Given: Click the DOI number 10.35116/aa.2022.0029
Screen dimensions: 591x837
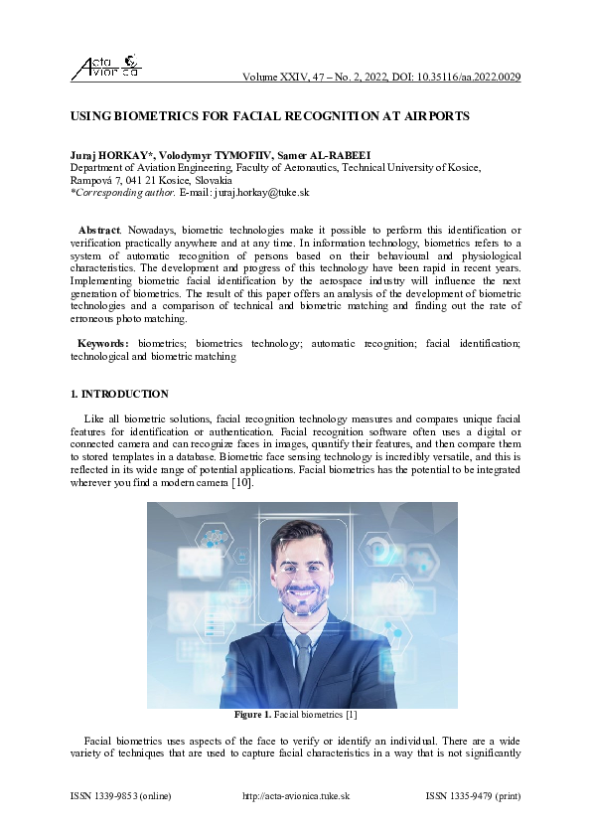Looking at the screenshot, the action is pos(466,78).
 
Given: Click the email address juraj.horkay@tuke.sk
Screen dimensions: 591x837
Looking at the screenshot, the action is pos(267,196).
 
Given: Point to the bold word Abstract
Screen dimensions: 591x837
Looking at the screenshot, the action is pos(98,230).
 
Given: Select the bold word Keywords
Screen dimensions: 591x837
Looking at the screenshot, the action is pos(103,343).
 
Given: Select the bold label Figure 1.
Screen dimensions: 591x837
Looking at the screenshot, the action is pos(252,715).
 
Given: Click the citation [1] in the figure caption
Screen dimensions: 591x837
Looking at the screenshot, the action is pos(350,715).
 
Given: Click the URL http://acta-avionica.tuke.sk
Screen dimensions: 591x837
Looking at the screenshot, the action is pos(295,796).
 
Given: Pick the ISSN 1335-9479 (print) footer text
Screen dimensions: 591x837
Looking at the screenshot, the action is pos(473,796).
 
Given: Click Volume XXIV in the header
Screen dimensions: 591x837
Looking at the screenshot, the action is pos(277,78).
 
